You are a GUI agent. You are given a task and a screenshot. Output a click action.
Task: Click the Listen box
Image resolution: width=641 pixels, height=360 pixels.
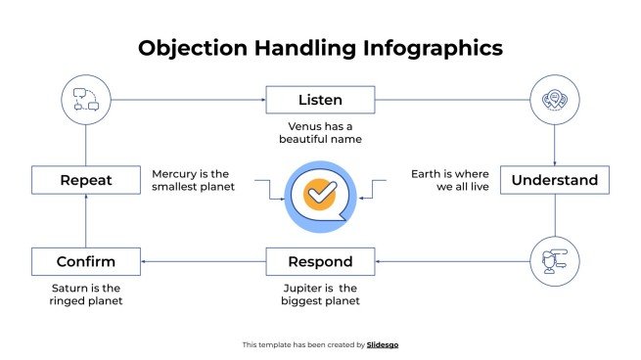[320, 100]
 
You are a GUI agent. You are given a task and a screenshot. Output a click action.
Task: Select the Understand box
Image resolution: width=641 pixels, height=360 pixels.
[555, 180]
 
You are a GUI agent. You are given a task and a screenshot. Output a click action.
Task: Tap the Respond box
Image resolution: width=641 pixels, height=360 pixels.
[320, 261]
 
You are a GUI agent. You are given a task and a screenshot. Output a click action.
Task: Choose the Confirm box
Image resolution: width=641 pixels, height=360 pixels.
[85, 261]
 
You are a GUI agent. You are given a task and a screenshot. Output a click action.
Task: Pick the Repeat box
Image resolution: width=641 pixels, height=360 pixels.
[85, 180]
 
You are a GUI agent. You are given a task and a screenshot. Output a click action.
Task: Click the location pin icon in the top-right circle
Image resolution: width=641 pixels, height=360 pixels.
[555, 100]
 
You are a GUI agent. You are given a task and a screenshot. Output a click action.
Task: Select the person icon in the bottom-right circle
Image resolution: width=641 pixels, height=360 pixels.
[555, 261]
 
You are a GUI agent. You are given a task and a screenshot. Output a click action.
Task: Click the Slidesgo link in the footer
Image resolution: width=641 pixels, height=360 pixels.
[383, 344]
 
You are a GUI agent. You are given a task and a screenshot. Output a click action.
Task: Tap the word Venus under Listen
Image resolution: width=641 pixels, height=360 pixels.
[306, 126]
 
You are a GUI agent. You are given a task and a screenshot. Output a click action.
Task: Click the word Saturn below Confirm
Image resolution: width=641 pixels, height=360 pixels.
[71, 288]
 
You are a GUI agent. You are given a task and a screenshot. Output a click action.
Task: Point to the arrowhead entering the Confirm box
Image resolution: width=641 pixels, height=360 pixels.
[144, 261]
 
